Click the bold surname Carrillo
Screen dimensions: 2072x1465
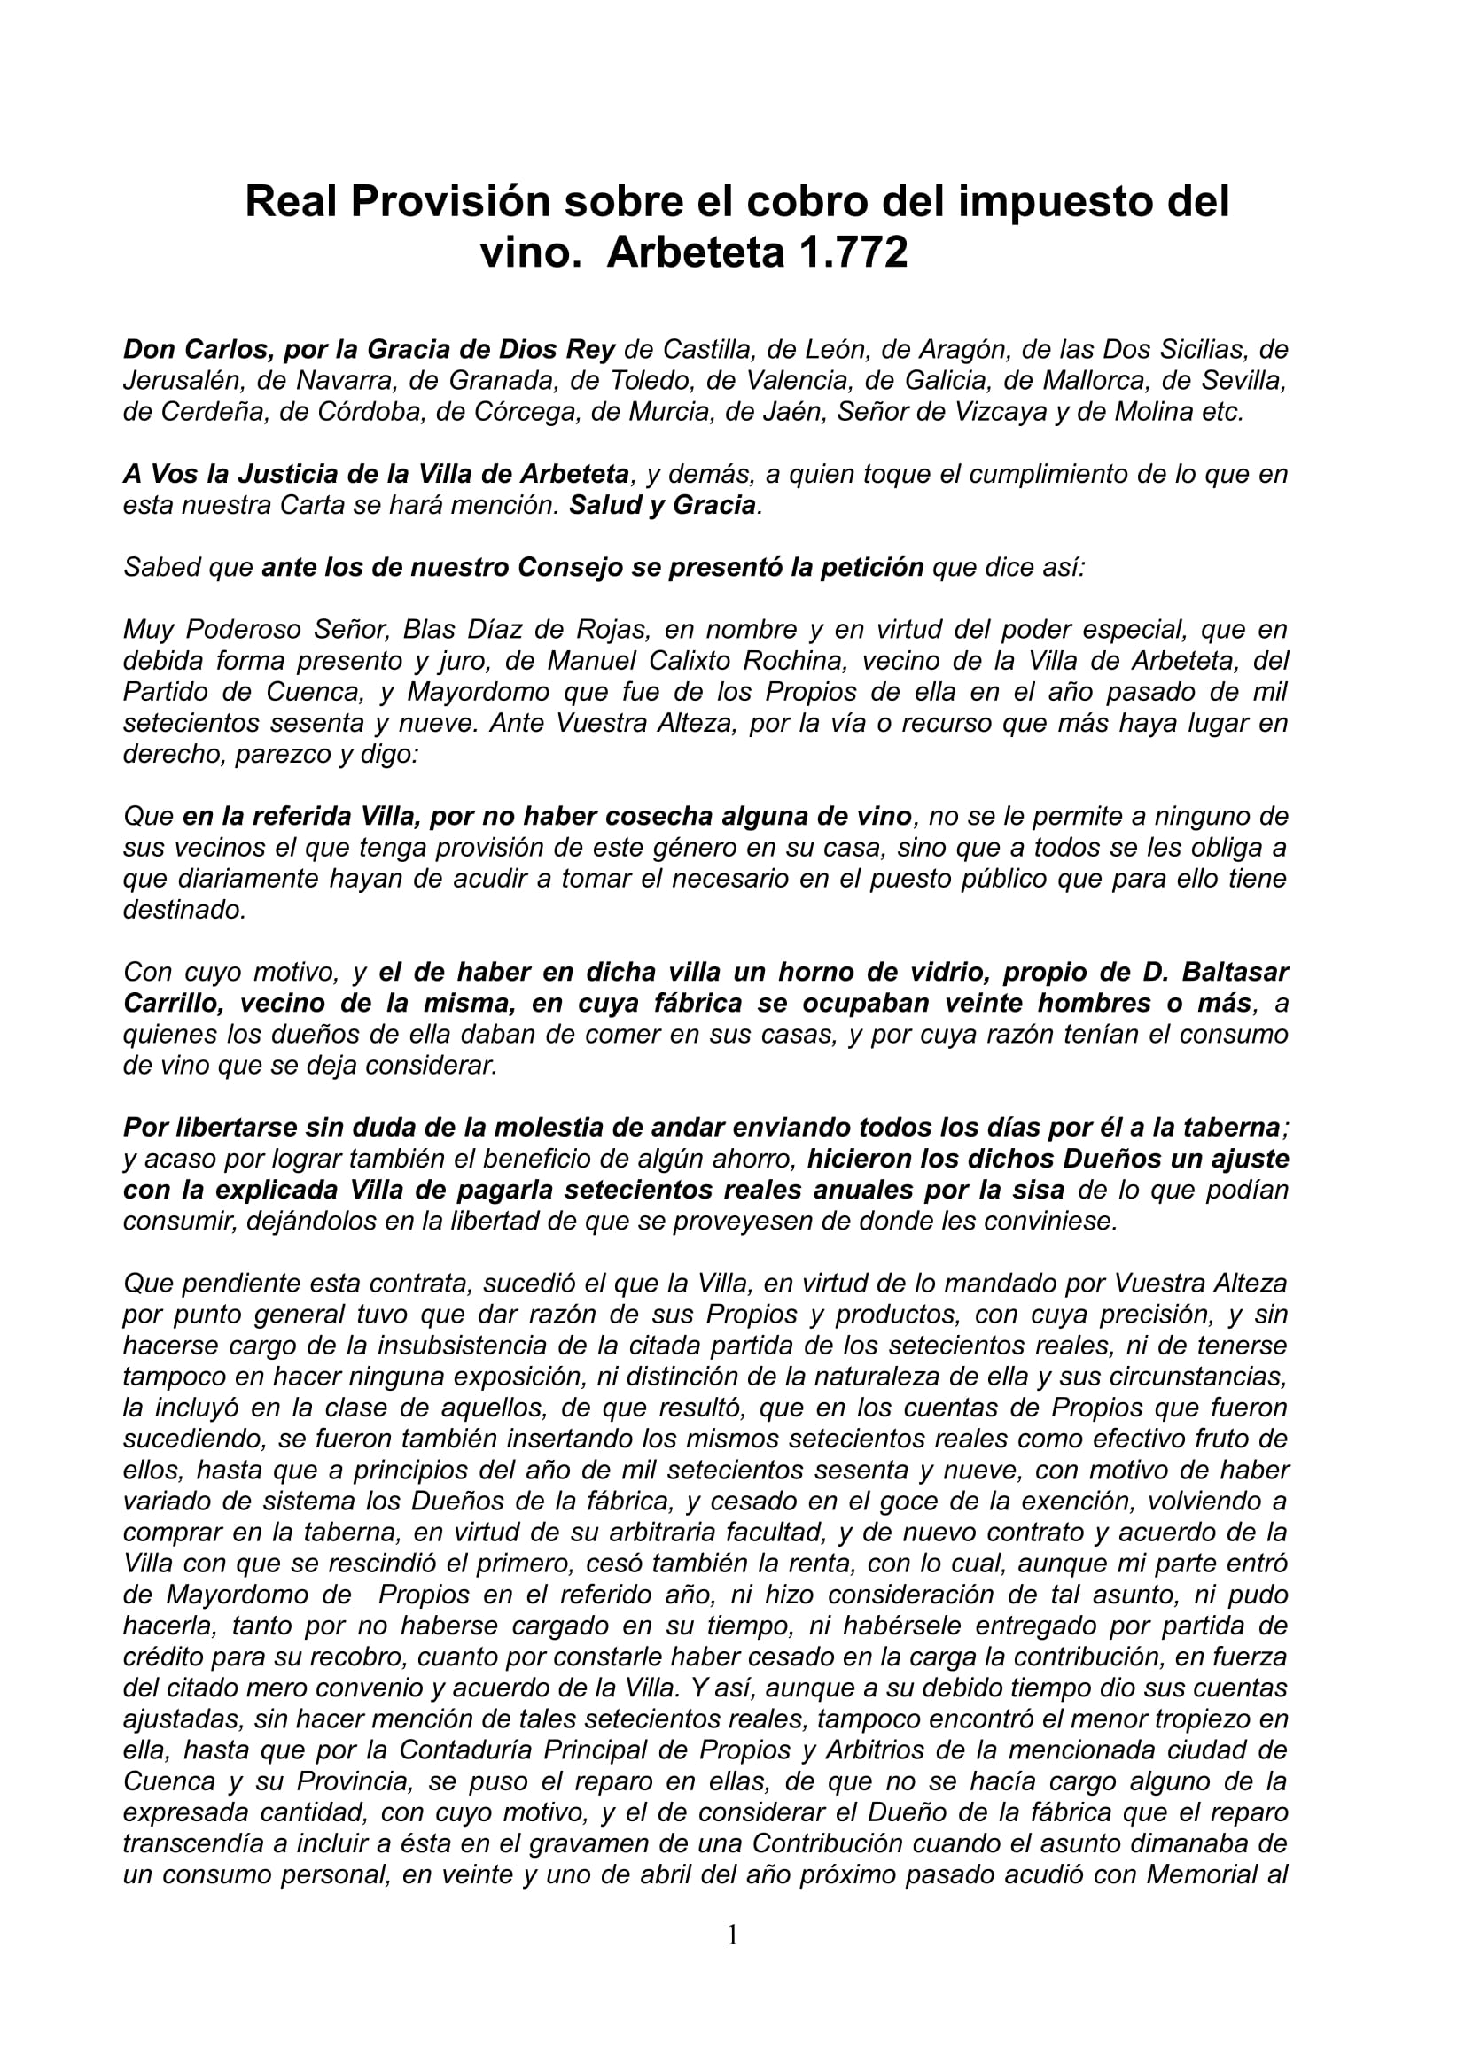172,1004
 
